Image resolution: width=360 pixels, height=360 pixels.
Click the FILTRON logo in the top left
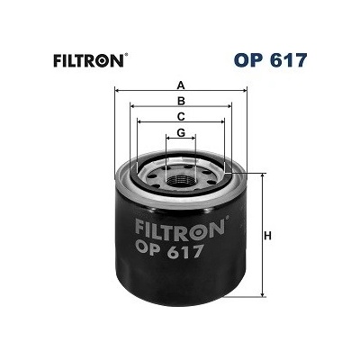coord(88,60)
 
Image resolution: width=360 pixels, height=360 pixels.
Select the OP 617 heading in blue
coord(271,60)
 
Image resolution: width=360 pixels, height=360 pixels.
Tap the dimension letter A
coord(181,85)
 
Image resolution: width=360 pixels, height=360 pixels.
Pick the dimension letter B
coord(181,101)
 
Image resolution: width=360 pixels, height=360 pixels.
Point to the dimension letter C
coord(181,116)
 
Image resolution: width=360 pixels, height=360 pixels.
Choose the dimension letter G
coord(181,132)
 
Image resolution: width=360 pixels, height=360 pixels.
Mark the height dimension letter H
coord(267,236)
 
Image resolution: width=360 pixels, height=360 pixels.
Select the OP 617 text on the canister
coord(170,251)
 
